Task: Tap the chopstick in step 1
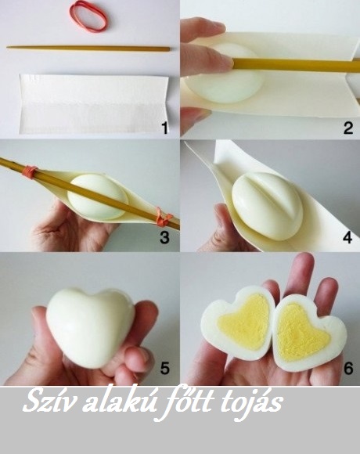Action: click(x=88, y=49)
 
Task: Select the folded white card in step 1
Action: click(x=94, y=103)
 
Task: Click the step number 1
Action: click(x=164, y=128)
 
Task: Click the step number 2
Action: click(x=348, y=128)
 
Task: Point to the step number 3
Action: click(x=164, y=237)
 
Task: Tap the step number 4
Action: click(x=347, y=237)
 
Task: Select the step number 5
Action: click(x=164, y=369)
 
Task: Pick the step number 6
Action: click(x=348, y=369)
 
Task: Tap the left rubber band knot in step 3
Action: click(x=30, y=171)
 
